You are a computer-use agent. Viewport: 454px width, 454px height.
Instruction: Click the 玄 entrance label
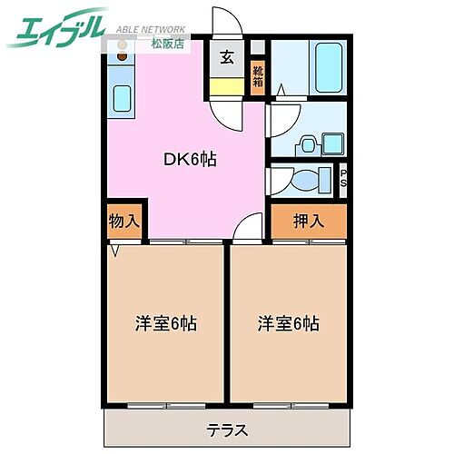[226, 57]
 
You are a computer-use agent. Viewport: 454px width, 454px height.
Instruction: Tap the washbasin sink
[309, 143]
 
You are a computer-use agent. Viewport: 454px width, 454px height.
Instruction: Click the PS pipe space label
[343, 178]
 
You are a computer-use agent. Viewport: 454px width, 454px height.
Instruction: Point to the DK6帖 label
[189, 159]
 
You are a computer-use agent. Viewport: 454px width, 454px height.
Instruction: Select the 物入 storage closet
[124, 221]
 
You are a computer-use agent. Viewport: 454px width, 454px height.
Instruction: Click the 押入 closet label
[307, 221]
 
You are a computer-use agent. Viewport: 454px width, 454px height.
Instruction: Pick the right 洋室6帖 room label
[288, 322]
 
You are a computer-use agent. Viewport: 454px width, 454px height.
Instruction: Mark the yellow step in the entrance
[226, 86]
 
